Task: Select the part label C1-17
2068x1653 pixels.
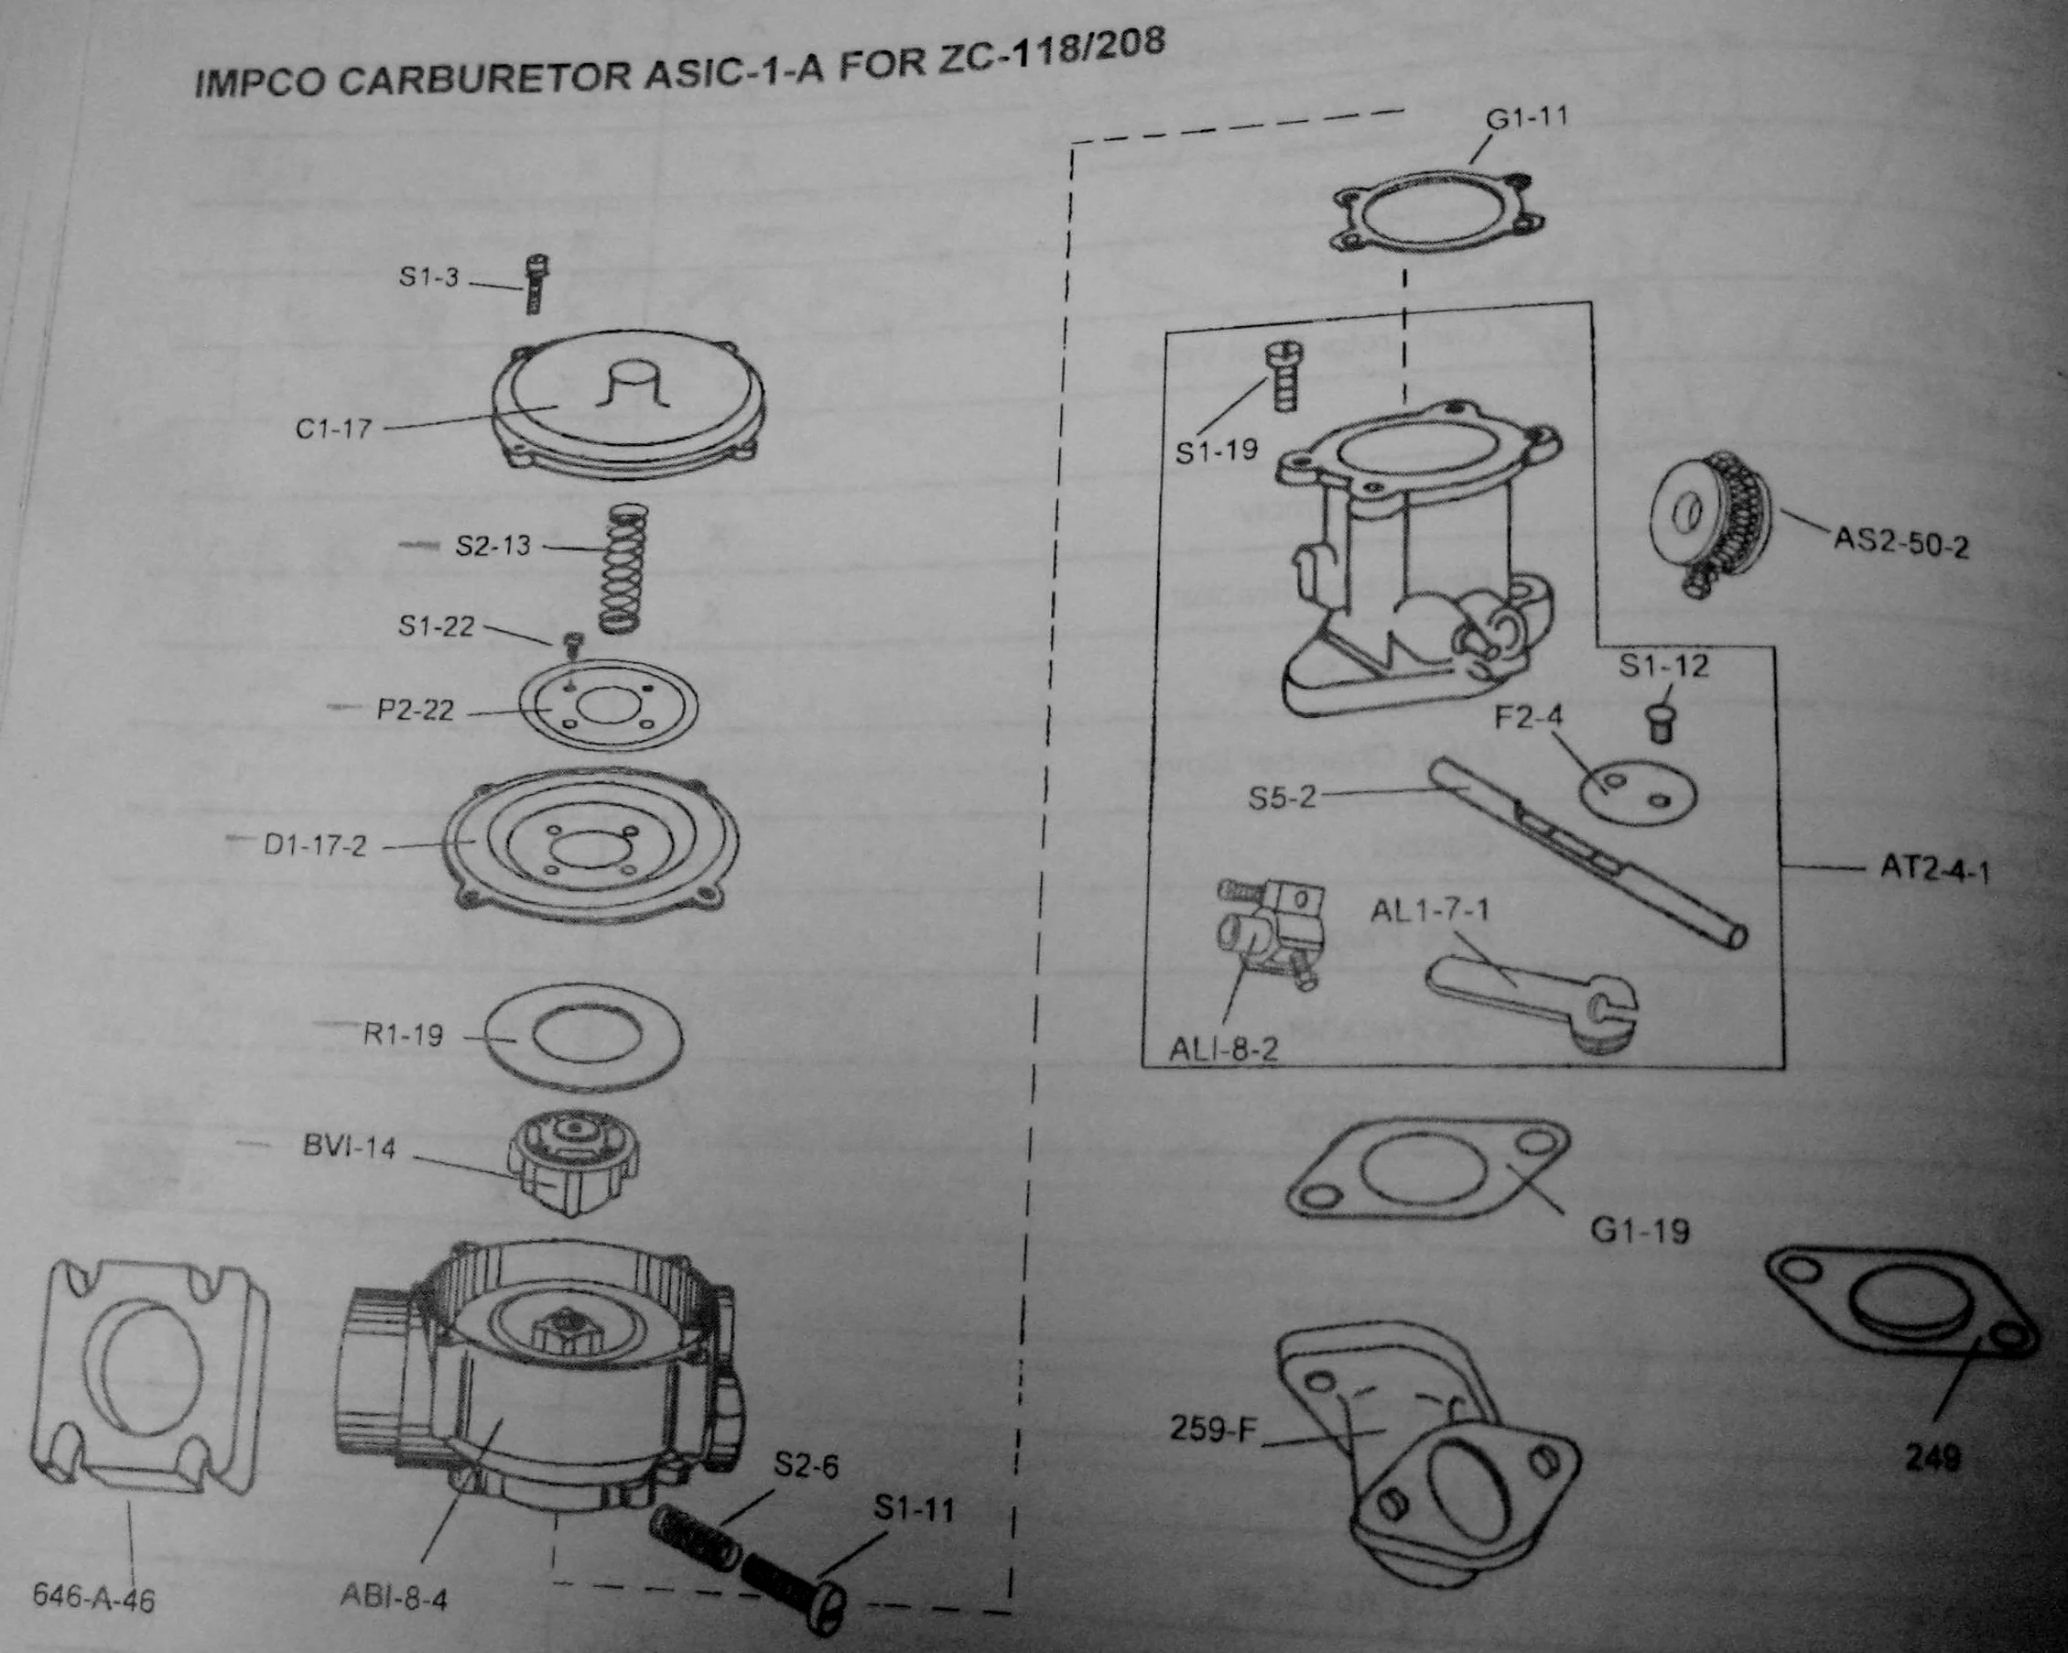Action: (x=333, y=429)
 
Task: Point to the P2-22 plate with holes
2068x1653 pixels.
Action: (x=608, y=707)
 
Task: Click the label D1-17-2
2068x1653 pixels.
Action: (x=316, y=846)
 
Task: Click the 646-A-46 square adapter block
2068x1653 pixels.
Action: (x=149, y=1372)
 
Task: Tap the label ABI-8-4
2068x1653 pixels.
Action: (x=394, y=1597)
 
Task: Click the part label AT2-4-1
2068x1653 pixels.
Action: (x=1934, y=869)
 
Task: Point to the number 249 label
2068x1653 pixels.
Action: (x=1933, y=1459)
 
